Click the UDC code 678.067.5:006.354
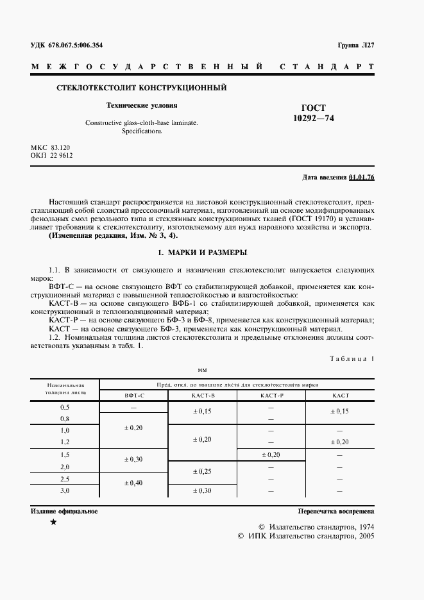point(74,45)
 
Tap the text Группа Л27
point(355,45)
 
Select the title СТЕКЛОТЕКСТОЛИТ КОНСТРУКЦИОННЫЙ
point(142,87)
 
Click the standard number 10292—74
point(314,119)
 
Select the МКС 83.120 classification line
point(51,147)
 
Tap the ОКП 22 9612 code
point(52,156)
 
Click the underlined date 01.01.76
point(362,177)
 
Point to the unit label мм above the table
point(202,370)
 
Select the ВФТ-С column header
point(134,396)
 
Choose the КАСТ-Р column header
point(271,396)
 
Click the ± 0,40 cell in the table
point(133,482)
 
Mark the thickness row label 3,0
point(65,490)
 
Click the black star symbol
point(53,522)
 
